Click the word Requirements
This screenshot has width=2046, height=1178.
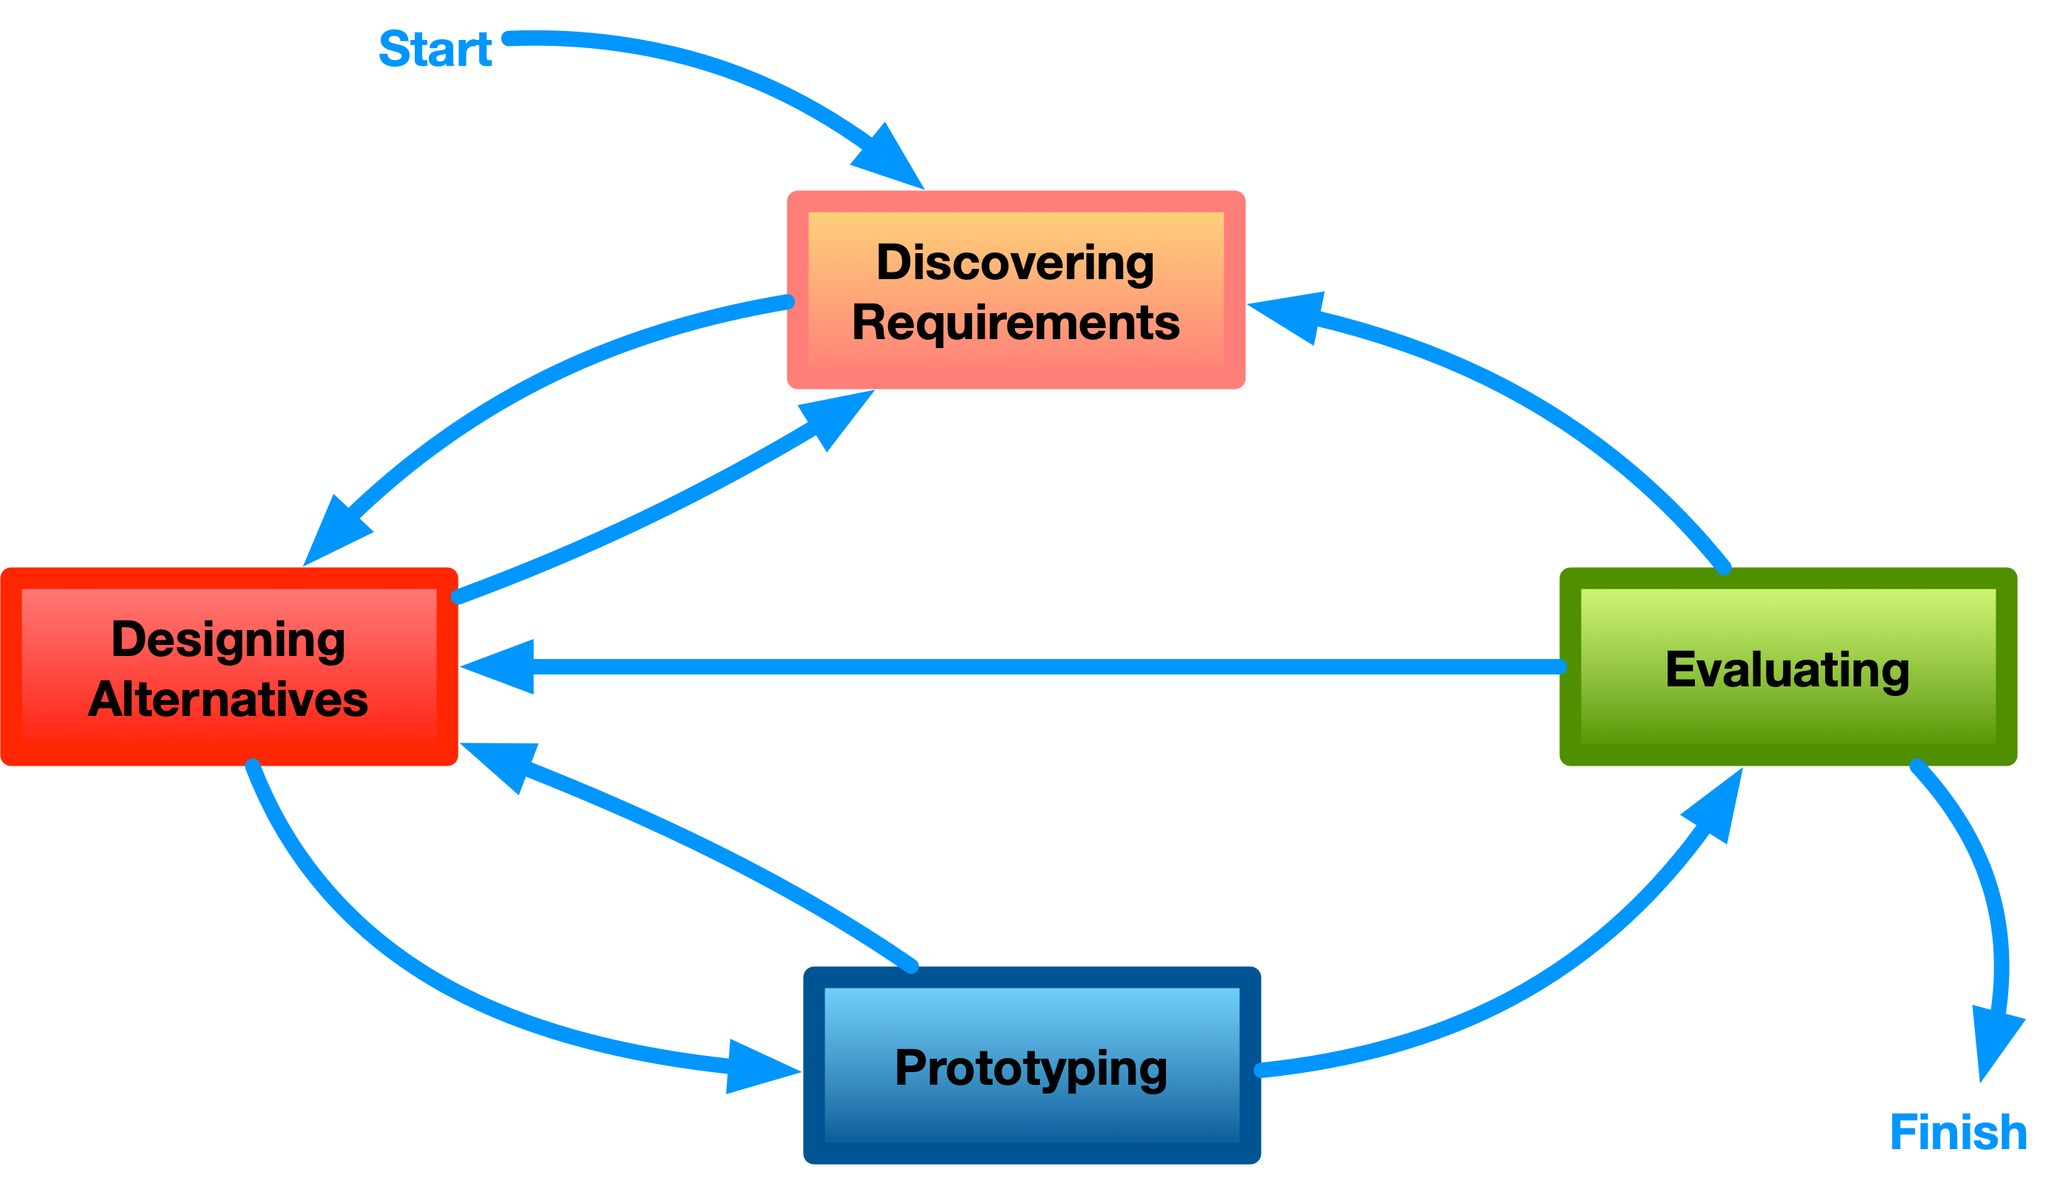point(1016,322)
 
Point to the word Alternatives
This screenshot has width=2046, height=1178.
point(228,699)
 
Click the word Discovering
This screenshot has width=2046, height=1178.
point(1015,262)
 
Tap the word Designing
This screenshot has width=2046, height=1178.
point(228,639)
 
